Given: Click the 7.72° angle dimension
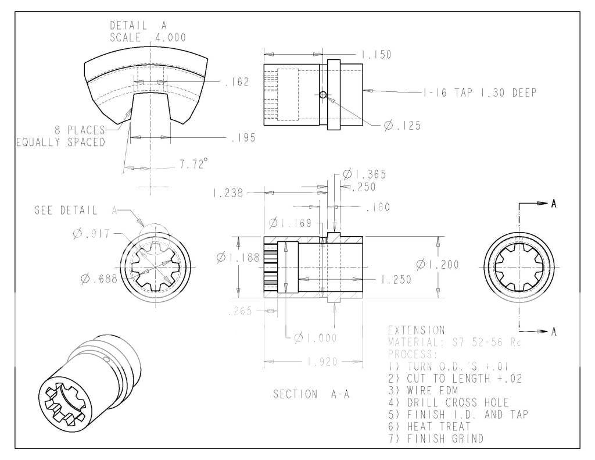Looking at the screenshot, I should (191, 165).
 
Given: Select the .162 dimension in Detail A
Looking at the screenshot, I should (236, 83).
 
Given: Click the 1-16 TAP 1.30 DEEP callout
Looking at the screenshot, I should (479, 92).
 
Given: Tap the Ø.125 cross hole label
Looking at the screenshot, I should (402, 126).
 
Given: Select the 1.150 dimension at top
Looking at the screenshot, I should (376, 55).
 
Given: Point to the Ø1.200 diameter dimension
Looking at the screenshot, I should (437, 265).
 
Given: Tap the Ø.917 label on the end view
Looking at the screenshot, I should (93, 233).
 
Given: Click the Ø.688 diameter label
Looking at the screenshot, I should (99, 278).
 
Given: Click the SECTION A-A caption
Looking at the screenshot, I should (312, 394).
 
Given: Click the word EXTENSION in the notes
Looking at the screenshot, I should (416, 330).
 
